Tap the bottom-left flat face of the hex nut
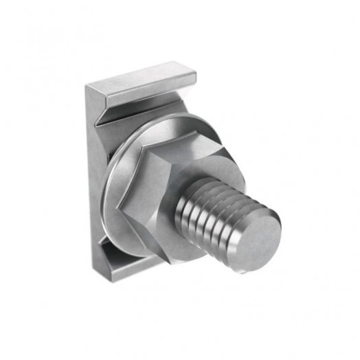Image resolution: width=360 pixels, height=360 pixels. point(137,227)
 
